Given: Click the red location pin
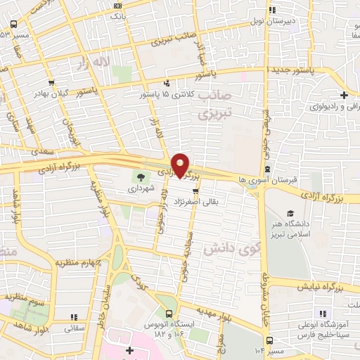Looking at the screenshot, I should coord(181,165).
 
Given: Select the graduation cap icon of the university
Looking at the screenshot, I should coord(290,214).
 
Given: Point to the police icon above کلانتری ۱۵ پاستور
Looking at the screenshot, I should coord(167,82).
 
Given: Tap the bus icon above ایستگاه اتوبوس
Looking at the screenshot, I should coord(169,314).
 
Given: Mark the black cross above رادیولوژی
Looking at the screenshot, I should coord(343,95).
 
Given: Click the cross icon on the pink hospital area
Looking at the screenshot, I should coord(129,349).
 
